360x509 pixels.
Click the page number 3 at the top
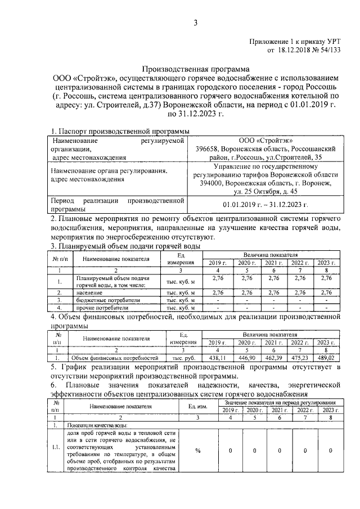[x=196, y=22]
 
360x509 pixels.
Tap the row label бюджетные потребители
[x=99, y=300]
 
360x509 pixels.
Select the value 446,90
[x=246, y=357]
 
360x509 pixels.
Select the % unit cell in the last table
[x=197, y=450]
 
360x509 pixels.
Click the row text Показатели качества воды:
[x=94, y=425]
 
